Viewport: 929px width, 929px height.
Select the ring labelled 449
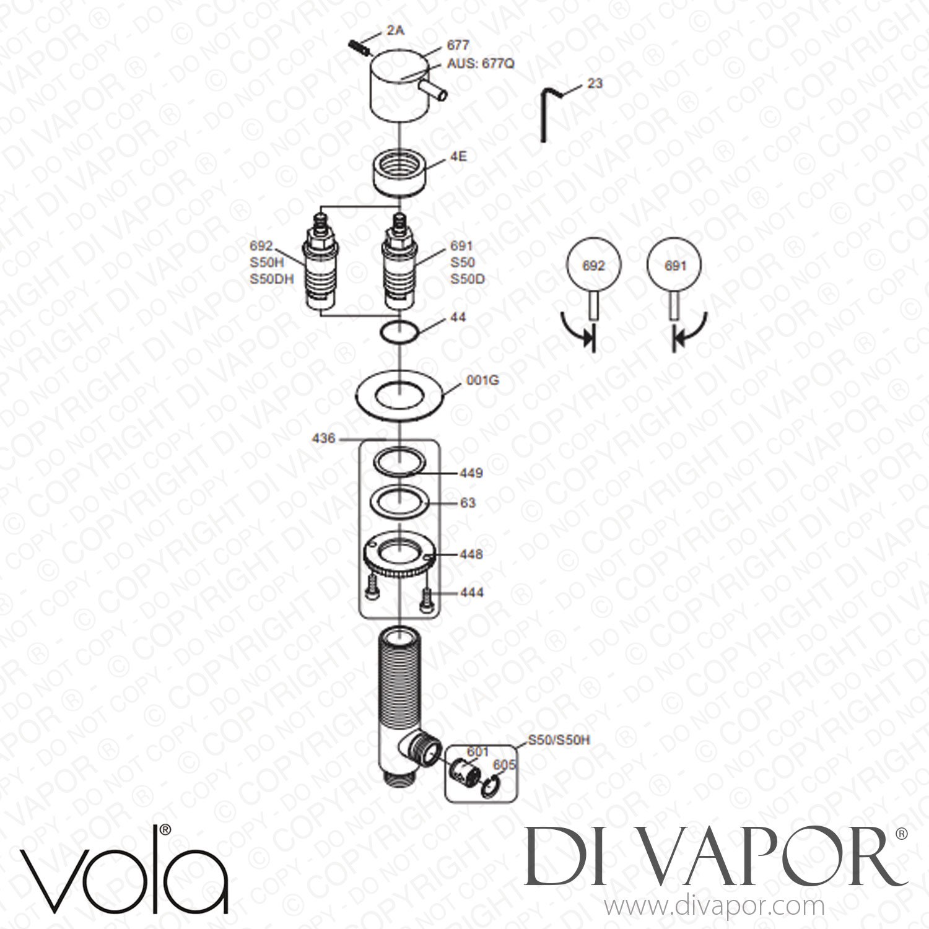[x=401, y=461]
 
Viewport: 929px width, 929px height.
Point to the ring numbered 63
[x=401, y=500]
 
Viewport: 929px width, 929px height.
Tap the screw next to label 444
[x=425, y=598]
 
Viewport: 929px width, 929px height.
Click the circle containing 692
[x=594, y=266]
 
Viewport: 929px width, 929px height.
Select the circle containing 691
[x=674, y=266]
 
